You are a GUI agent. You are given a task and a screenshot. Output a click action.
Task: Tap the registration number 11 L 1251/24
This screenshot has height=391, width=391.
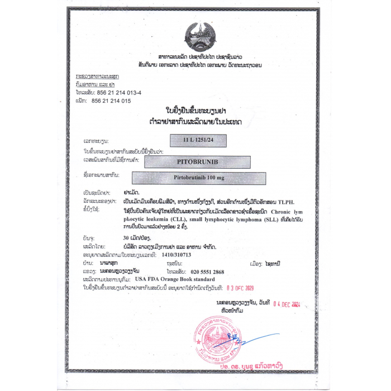(x=198, y=140)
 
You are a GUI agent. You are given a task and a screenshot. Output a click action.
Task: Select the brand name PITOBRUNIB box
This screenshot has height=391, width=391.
(x=197, y=162)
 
